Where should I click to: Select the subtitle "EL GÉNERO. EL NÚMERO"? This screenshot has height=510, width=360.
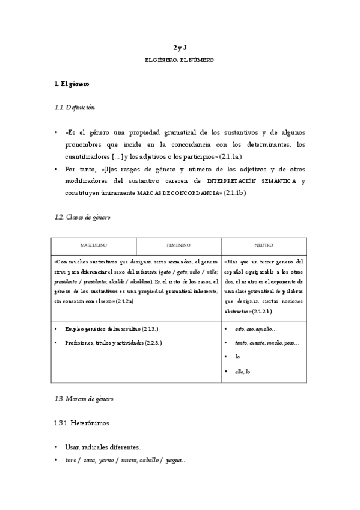[180, 60]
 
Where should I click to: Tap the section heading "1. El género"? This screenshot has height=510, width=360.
[72, 84]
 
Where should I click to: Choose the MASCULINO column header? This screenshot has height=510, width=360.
[94, 245]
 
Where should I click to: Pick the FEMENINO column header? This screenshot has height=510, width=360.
[178, 245]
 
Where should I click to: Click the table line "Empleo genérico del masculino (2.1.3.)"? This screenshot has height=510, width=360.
[112, 330]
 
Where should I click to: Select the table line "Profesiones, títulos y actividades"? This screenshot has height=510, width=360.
[114, 342]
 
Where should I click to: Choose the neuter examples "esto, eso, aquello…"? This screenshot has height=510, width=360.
[257, 330]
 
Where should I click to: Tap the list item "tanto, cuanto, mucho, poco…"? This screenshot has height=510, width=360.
[267, 343]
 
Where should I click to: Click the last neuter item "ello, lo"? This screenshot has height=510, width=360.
[243, 372]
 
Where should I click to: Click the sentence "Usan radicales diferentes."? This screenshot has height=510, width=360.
[103, 447]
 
